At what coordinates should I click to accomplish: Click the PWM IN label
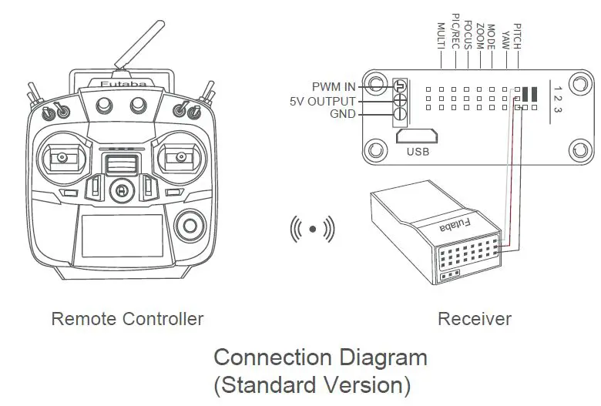[x=334, y=86]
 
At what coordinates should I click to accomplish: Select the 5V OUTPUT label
[x=323, y=101]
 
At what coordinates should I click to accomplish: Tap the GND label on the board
[x=342, y=115]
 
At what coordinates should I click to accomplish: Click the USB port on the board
[x=416, y=136]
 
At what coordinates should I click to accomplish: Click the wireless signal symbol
[x=312, y=229]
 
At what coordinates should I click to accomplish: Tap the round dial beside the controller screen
[x=189, y=226]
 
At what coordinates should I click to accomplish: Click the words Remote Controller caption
[x=127, y=319]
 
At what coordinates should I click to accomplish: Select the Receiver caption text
[x=474, y=319]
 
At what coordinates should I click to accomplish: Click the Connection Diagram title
[x=320, y=357]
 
